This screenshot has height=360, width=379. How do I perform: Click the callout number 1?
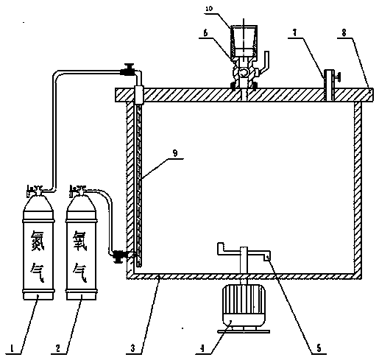(12, 347)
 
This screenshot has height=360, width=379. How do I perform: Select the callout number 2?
(58, 347)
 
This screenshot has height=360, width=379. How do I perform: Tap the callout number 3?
(132, 347)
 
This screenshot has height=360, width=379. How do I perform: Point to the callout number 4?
(202, 347)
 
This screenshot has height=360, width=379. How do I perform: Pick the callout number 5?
(319, 347)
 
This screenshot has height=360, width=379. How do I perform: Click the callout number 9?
(175, 154)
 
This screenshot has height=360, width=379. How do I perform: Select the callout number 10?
(209, 9)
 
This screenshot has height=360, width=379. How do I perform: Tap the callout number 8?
(344, 33)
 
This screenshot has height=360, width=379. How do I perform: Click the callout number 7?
(295, 33)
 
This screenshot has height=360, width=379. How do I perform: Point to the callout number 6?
(205, 33)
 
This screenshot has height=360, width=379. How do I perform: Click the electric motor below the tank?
(244, 308)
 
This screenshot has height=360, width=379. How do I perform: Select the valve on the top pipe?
(128, 70)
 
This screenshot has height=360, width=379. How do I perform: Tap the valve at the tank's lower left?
(118, 256)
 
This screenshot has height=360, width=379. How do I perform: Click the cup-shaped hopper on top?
(244, 40)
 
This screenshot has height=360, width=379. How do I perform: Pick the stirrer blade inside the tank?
(244, 253)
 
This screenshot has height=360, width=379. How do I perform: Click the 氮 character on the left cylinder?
(38, 241)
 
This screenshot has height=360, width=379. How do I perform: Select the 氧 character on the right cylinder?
(80, 241)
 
